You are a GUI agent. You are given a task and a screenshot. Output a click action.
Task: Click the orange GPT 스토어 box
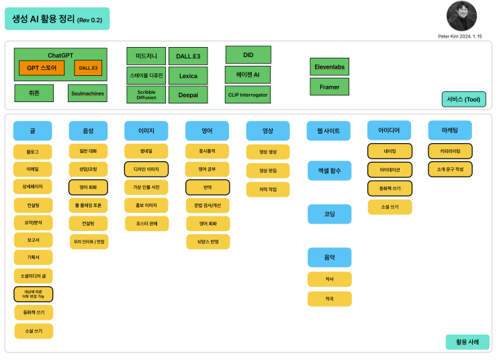[x=42, y=68]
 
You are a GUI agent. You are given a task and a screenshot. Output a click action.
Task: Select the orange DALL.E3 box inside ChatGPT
[x=88, y=68]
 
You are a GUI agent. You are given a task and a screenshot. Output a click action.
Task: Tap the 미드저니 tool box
[x=146, y=56]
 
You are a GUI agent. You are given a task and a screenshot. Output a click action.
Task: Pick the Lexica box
[x=188, y=76]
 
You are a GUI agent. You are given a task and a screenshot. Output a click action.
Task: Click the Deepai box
[x=188, y=95]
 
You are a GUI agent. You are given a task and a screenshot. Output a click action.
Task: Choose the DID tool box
[x=248, y=54]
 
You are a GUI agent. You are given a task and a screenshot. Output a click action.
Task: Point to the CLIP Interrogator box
[x=248, y=95]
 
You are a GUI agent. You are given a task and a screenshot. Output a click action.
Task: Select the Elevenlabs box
[x=329, y=66]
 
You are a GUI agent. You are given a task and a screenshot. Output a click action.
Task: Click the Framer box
[x=329, y=87]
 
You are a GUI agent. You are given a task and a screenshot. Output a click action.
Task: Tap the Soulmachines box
[x=87, y=93]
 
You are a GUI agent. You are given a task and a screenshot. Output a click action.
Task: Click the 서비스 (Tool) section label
[x=463, y=99]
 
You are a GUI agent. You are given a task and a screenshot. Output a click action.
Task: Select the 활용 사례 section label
[x=467, y=342]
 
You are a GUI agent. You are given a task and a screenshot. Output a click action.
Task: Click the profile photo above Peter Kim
[x=461, y=16]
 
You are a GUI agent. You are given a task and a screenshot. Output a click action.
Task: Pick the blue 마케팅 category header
[x=450, y=130]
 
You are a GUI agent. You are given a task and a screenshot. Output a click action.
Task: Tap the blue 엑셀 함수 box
[x=329, y=171]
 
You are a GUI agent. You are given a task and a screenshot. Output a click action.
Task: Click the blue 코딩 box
[x=329, y=214]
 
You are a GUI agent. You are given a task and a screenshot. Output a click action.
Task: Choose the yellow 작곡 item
[x=329, y=299]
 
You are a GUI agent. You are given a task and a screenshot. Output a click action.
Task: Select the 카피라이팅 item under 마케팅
[x=450, y=151]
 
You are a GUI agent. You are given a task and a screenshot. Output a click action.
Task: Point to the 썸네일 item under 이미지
[x=146, y=151]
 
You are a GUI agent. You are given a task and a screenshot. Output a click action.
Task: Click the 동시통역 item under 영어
[x=208, y=151]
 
